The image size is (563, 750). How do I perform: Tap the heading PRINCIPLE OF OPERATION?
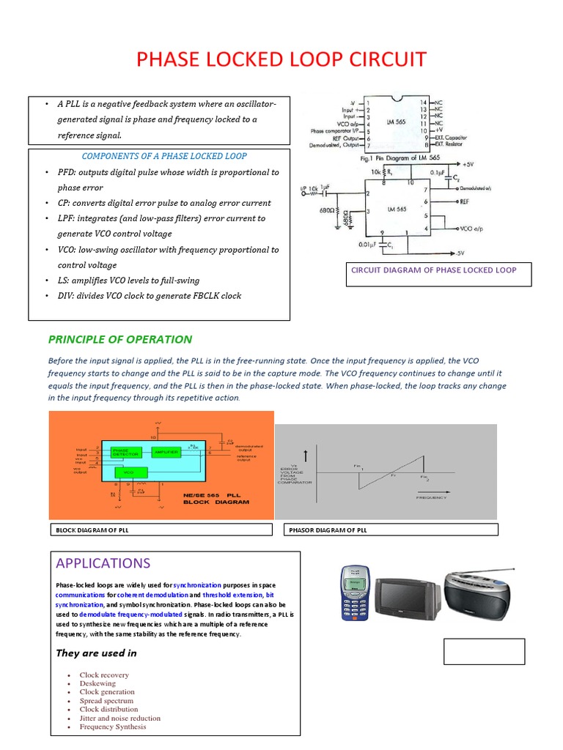119,339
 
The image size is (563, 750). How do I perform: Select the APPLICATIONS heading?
103,563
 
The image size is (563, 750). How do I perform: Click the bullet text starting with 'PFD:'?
168,172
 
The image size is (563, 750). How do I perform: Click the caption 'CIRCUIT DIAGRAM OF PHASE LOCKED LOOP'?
433,270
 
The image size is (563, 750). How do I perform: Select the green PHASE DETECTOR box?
127,452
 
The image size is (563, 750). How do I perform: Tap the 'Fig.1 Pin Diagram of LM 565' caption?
408,157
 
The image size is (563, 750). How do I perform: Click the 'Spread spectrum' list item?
106,701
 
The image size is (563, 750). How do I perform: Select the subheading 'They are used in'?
96,653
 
